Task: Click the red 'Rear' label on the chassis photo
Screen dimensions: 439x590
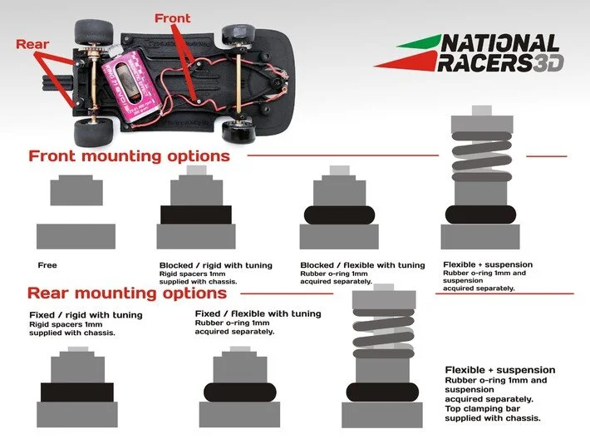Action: click(32, 45)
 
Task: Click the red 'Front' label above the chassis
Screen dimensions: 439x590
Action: click(172, 17)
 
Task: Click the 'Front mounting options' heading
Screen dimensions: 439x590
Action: click(129, 155)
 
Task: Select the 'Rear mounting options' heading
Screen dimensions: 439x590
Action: click(126, 293)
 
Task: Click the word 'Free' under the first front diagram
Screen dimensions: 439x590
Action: click(47, 266)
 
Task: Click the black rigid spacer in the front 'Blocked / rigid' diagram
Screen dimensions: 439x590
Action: click(196, 215)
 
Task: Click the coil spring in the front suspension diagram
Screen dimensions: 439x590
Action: click(481, 158)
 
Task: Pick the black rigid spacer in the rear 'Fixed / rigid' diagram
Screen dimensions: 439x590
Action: click(76, 392)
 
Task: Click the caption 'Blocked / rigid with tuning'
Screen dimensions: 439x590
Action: click(215, 266)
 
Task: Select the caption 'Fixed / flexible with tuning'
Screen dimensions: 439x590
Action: click(258, 313)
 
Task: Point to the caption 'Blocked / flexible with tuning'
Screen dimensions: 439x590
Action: click(362, 266)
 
